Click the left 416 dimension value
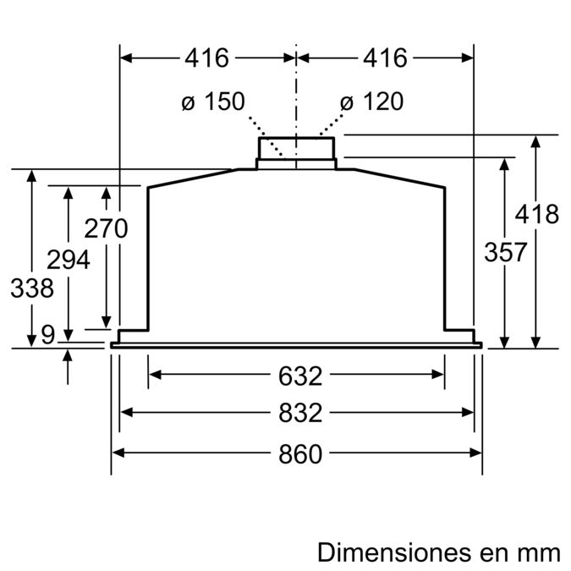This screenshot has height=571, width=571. [207, 58]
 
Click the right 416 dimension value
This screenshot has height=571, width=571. [385, 58]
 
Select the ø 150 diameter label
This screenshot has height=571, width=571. [213, 102]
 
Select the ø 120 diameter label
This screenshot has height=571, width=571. [371, 102]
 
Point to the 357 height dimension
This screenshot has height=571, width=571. [505, 252]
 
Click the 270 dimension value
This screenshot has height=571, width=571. [106, 228]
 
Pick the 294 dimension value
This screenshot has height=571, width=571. [68, 261]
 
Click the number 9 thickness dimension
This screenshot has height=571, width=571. [47, 335]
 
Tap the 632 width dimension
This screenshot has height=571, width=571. [297, 375]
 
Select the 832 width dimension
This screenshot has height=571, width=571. [297, 413]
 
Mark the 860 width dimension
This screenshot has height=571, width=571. [297, 454]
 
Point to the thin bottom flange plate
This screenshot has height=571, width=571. [296, 344]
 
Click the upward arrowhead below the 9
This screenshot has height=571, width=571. [69, 355]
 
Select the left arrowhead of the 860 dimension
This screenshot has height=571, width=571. [118, 453]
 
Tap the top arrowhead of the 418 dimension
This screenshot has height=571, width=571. [535, 141]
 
